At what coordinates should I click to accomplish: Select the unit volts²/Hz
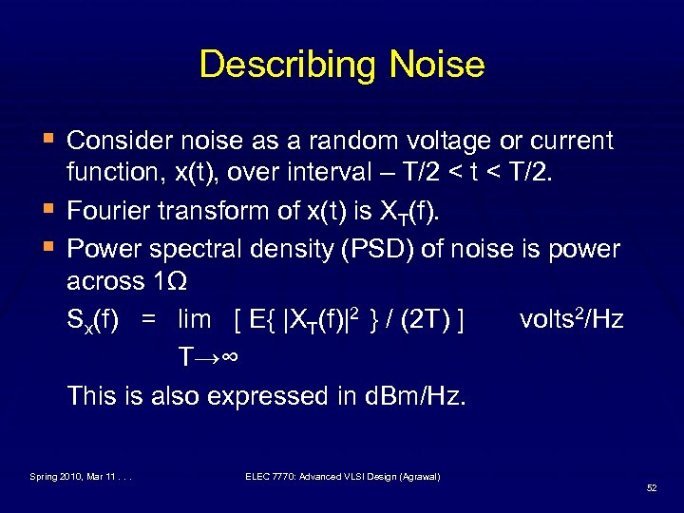click(572, 319)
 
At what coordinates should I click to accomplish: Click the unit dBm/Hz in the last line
click(416, 394)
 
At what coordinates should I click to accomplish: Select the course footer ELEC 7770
click(341, 475)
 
